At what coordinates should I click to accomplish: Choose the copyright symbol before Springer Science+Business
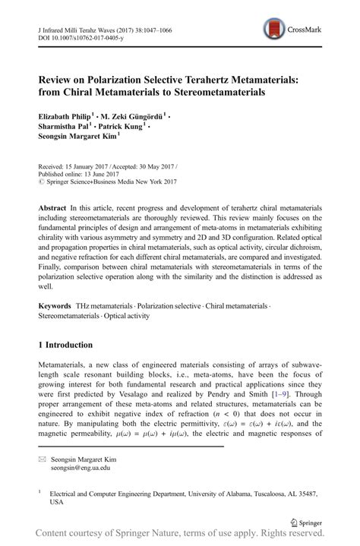point(41,181)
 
